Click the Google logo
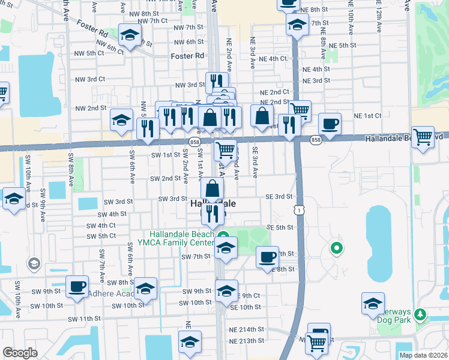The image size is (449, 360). point(20,353)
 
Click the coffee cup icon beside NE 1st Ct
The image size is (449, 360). point(330,124)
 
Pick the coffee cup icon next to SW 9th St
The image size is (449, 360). point(77,286)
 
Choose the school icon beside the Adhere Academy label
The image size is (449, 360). point(145,289)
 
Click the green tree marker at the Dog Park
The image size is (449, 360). point(420,313)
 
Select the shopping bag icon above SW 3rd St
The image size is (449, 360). point(212,188)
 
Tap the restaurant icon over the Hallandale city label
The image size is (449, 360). point(212,212)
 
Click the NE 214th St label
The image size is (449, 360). point(246,329)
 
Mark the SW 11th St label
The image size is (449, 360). point(84,319)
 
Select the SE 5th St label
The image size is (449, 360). point(279,227)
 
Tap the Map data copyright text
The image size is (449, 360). point(424,354)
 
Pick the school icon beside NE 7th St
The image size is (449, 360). point(297,26)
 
